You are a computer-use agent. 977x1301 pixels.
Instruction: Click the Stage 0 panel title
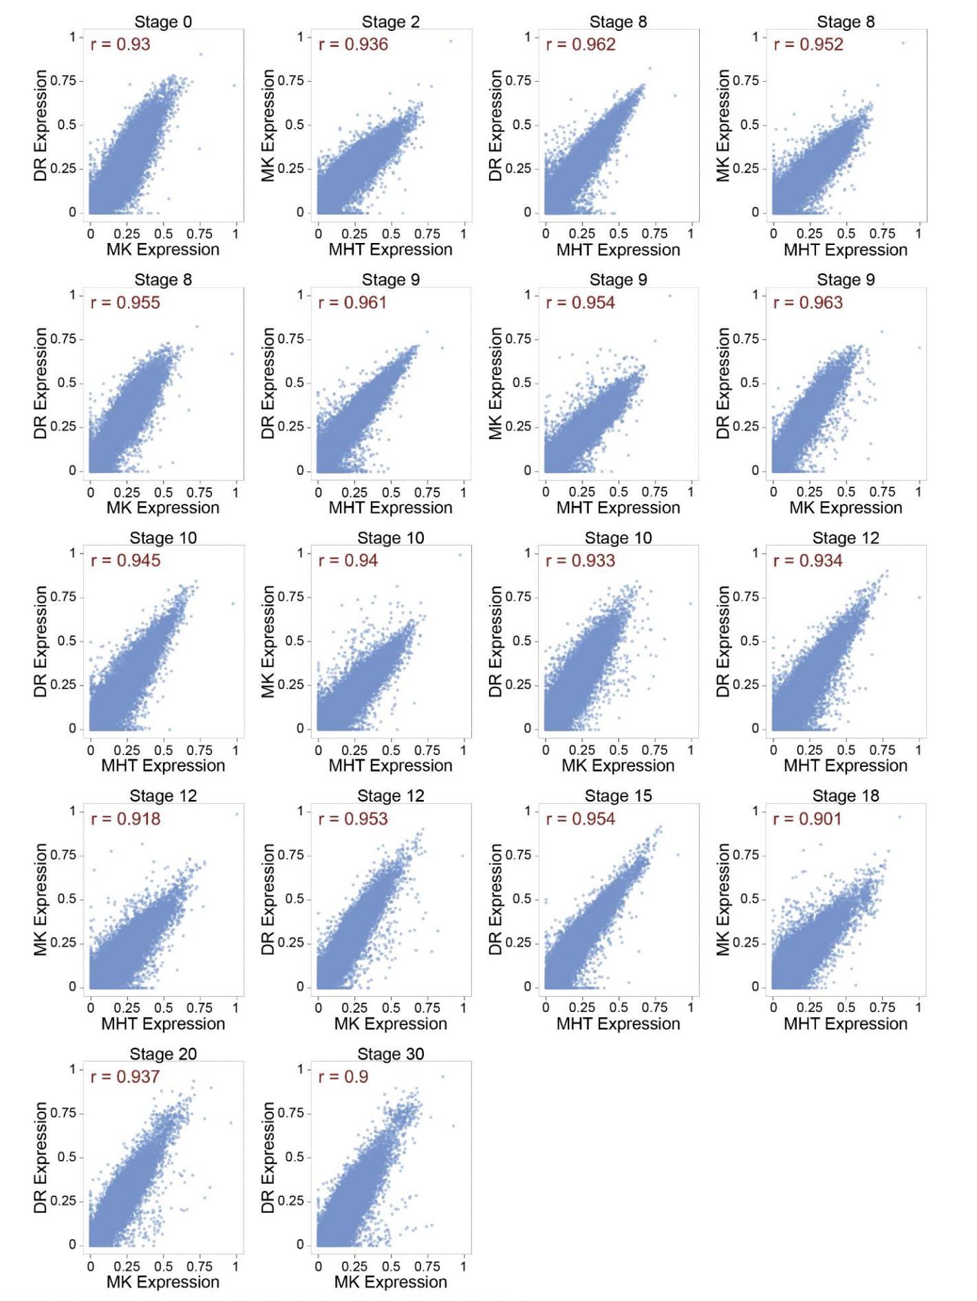pos(163,22)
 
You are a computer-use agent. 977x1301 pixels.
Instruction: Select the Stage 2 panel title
pos(391,22)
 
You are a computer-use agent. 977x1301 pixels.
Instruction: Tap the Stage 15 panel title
pos(618,796)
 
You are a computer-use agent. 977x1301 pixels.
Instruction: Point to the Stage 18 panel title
pos(846,796)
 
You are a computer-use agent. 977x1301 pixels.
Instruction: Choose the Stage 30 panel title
pos(391,1054)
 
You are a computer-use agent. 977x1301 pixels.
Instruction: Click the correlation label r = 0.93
pos(120,45)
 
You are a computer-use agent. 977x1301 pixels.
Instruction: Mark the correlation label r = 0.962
pos(581,45)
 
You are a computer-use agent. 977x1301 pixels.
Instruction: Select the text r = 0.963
pos(808,303)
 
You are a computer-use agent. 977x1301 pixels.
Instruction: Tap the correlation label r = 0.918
pos(125,819)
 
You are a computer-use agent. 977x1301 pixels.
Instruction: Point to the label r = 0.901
pos(808,819)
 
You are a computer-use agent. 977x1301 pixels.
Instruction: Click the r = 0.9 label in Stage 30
pos(343,1077)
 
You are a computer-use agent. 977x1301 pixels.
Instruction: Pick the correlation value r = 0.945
pos(125,561)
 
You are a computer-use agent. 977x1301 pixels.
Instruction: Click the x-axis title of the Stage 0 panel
pos(163,250)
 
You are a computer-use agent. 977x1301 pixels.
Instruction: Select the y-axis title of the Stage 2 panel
pos(268,125)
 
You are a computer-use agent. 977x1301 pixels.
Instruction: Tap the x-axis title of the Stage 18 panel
pos(846,1024)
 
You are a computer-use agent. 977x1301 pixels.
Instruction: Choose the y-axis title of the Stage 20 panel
pos(40,1158)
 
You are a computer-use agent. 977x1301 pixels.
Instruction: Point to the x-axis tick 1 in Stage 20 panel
pos(236,1267)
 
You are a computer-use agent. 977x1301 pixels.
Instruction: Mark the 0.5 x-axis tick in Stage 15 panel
pos(619,1008)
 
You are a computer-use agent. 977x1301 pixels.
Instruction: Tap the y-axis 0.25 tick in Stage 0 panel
pos(64,169)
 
